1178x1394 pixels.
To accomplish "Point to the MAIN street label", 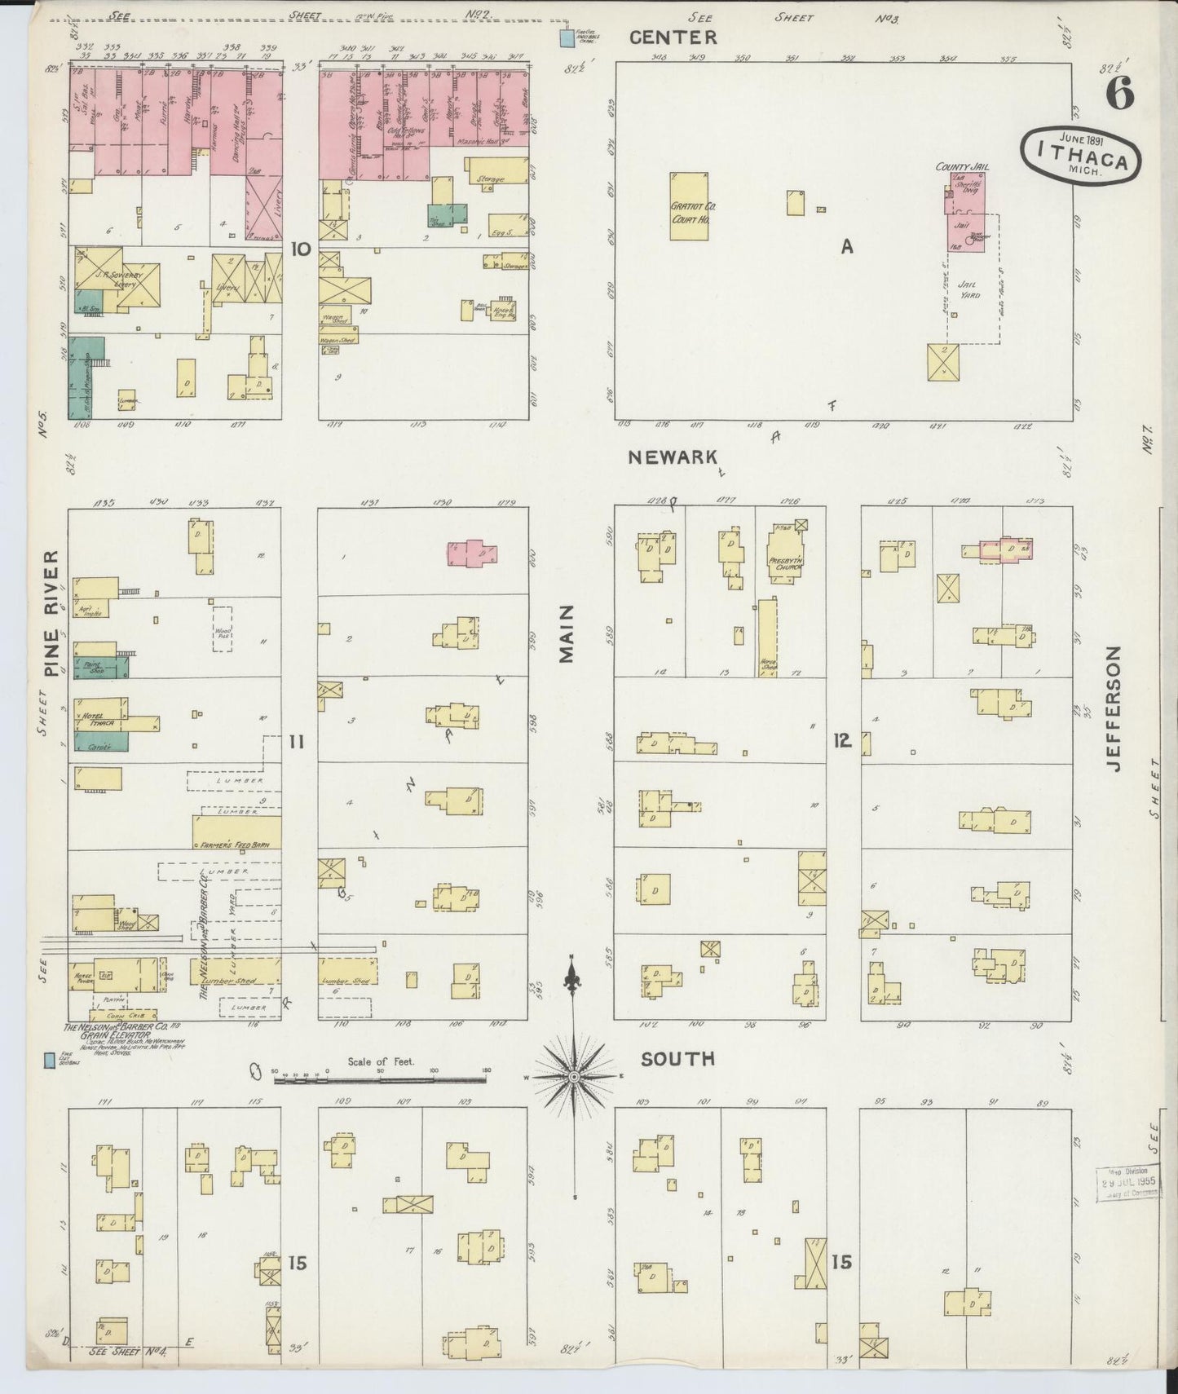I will pyautogui.click(x=568, y=634).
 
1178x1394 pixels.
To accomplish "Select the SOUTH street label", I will pyautogui.click(x=677, y=1058).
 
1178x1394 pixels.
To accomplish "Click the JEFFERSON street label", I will pyautogui.click(x=1114, y=708).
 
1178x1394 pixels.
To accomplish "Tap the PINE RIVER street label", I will pyautogui.click(x=52, y=613).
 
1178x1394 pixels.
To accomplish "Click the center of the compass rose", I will pyautogui.click(x=574, y=1077).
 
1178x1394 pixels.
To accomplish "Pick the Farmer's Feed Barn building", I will pyautogui.click(x=236, y=832).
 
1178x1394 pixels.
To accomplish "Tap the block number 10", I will pyautogui.click(x=301, y=249).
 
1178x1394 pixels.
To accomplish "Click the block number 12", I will pyautogui.click(x=842, y=740).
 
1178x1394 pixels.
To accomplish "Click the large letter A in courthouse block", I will pyautogui.click(x=847, y=245).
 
